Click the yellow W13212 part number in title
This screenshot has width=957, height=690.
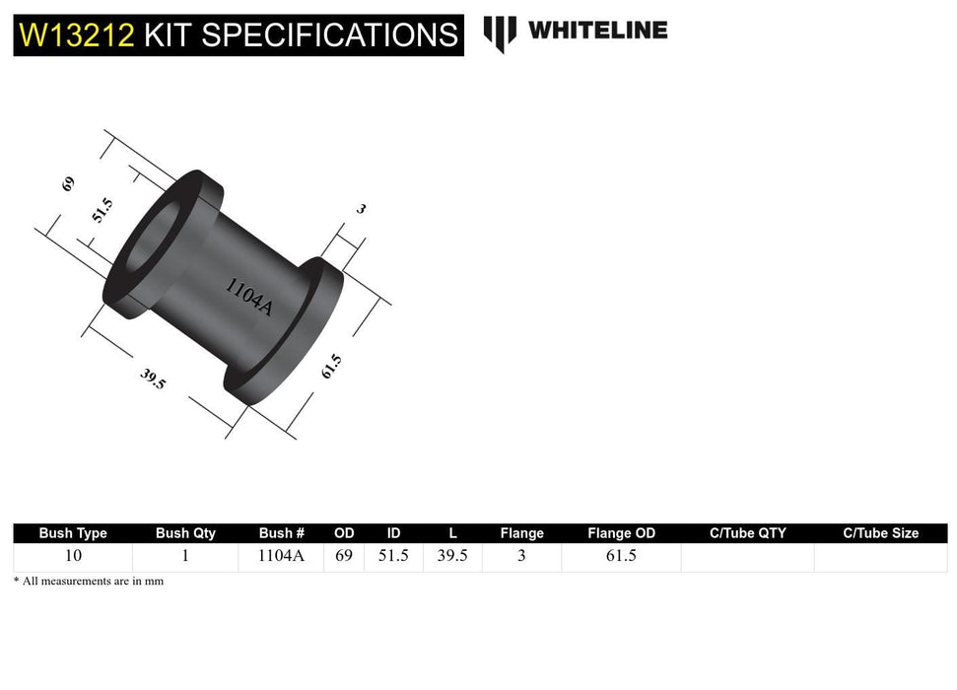pyautogui.click(x=77, y=36)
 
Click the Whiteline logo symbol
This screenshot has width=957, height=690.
pyautogui.click(x=500, y=32)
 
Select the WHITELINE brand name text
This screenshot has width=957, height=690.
pyautogui.click(x=597, y=31)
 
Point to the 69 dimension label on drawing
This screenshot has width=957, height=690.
pyautogui.click(x=68, y=183)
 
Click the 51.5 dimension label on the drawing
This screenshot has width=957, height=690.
pyautogui.click(x=103, y=210)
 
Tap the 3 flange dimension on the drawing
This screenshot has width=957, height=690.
pyautogui.click(x=361, y=209)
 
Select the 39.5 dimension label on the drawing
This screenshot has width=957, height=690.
pyautogui.click(x=153, y=379)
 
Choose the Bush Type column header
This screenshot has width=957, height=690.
pyautogui.click(x=73, y=533)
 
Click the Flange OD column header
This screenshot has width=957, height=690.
pyautogui.click(x=621, y=533)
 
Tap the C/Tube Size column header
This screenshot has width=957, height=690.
pyautogui.click(x=880, y=533)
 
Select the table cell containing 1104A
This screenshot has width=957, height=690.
pyautogui.click(x=281, y=556)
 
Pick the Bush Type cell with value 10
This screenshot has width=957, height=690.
pyautogui.click(x=73, y=556)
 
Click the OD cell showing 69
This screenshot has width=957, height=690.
pyautogui.click(x=344, y=556)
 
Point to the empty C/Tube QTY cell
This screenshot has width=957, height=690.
pyautogui.click(x=747, y=557)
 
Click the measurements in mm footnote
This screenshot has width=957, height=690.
pyautogui.click(x=89, y=582)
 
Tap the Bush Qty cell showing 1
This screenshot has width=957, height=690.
pyautogui.click(x=185, y=556)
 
